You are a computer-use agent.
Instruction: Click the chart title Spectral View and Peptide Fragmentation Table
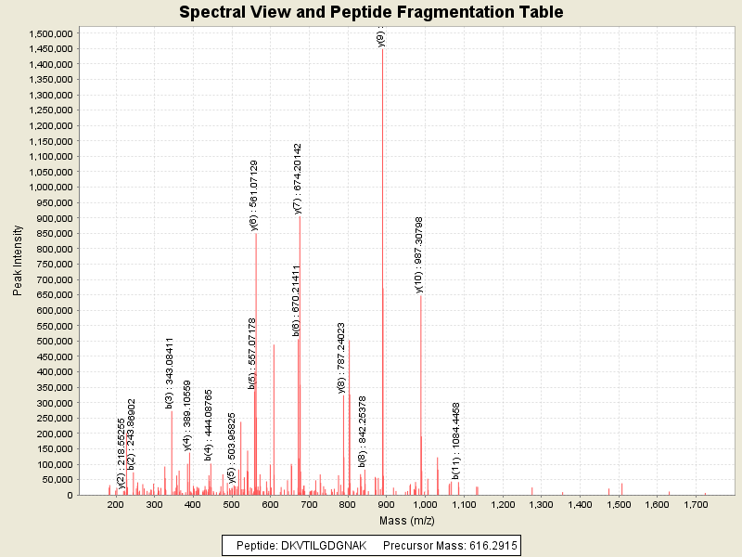pos(371,12)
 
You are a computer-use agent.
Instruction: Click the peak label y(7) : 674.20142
pos(298,178)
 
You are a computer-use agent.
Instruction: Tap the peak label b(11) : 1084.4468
pos(456,440)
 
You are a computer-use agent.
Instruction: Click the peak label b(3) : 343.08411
pos(170,372)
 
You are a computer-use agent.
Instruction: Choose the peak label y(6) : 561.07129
pos(254,194)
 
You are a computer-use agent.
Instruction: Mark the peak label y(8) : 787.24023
pos(342,357)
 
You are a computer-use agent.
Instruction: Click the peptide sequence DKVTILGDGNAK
pos(317,545)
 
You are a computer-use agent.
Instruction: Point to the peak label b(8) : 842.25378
pos(363,430)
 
